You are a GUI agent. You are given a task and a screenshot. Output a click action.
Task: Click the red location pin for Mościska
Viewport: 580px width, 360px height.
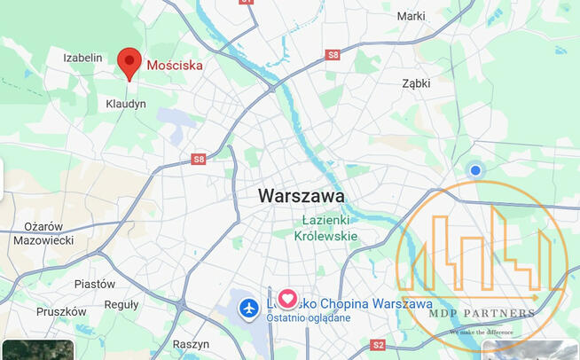tap(130, 63)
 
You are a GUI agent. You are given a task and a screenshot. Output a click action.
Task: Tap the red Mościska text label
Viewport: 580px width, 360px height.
tap(175, 65)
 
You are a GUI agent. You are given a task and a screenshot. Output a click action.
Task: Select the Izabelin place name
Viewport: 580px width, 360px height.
tap(82, 58)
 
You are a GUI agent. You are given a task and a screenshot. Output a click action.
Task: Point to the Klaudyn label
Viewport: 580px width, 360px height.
tap(126, 104)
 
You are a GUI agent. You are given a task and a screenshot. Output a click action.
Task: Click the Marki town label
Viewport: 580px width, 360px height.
tap(411, 16)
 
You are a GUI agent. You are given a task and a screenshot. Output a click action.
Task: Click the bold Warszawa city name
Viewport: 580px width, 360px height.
tap(302, 195)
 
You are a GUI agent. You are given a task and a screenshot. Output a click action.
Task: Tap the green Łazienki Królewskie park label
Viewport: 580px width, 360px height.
tap(326, 228)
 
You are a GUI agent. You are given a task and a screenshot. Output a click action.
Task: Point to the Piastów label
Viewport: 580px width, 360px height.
tap(95, 284)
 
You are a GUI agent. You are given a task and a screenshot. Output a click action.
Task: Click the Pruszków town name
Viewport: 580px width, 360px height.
tap(61, 312)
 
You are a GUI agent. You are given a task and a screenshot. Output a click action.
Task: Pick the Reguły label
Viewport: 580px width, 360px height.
tap(121, 305)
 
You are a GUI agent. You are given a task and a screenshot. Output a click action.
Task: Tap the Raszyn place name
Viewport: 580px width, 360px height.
tap(191, 344)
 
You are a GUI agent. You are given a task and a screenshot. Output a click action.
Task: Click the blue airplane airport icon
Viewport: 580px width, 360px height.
tap(250, 308)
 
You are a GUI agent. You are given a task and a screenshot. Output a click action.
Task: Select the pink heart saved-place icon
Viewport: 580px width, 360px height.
tap(288, 299)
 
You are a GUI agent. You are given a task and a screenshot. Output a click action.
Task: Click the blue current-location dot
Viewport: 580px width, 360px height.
tap(475, 170)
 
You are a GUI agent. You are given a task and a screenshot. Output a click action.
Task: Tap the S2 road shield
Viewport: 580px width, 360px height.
tap(379, 344)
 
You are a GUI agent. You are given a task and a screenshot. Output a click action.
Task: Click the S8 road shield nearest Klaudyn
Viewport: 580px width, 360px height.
tap(198, 160)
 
